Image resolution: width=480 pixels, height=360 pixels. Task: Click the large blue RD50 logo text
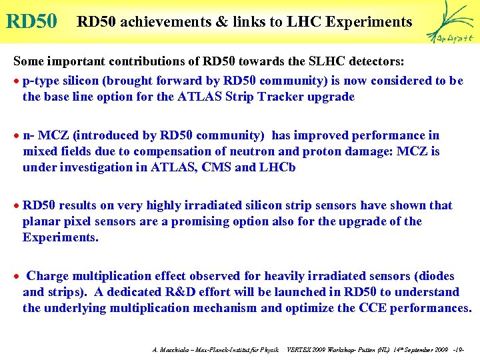click(x=31, y=21)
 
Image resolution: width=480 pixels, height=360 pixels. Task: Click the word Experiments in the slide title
click(x=370, y=22)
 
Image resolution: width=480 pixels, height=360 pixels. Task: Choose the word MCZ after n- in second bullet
click(x=53, y=135)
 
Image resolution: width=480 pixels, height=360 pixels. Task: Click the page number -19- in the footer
click(x=457, y=349)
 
